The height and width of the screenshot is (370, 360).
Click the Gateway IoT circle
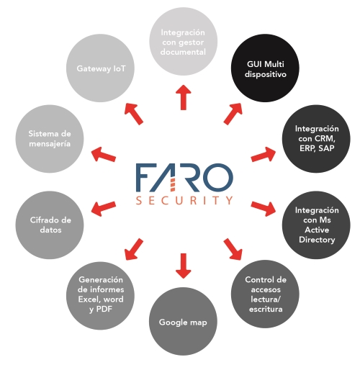tap(100, 68)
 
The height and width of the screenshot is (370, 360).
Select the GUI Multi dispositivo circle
tap(265, 68)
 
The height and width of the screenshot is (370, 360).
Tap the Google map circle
tap(183, 321)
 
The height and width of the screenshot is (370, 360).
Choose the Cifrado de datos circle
tap(50, 225)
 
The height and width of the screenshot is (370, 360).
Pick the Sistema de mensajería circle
tap(50, 139)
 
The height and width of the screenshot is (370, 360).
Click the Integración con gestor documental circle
tap(184, 41)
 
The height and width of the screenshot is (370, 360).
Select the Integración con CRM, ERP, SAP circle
tap(316, 139)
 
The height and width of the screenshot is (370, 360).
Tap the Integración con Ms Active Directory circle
tap(316, 225)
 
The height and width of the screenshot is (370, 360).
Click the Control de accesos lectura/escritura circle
tap(265, 294)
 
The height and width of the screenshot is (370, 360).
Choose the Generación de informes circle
tap(100, 296)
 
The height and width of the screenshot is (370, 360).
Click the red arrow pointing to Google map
tap(184, 266)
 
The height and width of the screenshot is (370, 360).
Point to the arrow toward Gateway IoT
tap(134, 114)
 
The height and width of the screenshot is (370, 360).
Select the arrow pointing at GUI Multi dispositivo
tap(233, 114)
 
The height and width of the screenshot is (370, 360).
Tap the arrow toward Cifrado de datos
tap(104, 209)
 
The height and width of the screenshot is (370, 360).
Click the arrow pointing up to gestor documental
tap(184, 97)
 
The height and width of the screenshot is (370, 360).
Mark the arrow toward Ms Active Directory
tap(264, 209)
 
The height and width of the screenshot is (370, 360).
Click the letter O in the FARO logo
tap(217, 178)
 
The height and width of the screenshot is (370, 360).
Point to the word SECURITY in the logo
tap(184, 200)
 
